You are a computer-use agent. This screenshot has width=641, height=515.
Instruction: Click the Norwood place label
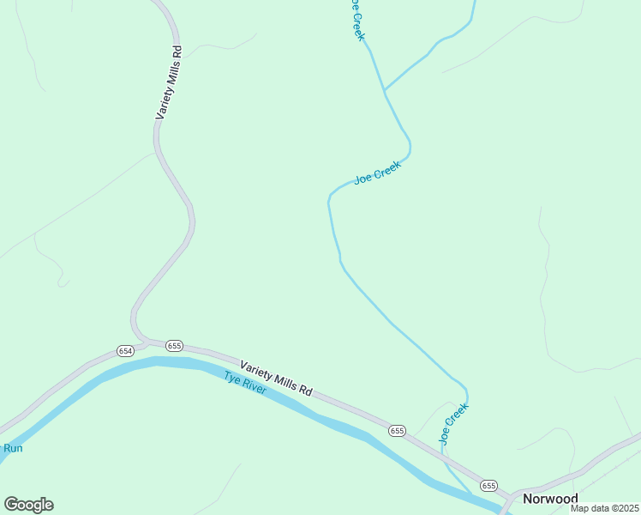pos(550,499)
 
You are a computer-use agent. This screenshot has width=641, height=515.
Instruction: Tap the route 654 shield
pos(125,351)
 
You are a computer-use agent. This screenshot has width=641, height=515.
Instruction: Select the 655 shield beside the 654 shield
pos(174,346)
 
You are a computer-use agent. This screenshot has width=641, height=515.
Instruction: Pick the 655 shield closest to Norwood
pos(488,486)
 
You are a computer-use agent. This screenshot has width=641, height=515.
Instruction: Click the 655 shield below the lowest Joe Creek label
pos(396,430)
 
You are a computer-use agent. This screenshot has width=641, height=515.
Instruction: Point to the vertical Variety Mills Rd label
pos(169,82)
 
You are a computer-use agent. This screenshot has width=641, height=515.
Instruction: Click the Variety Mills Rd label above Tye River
pos(276,378)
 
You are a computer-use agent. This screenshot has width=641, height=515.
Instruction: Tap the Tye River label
pos(245,383)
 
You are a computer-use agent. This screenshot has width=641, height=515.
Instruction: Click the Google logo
pos(28,505)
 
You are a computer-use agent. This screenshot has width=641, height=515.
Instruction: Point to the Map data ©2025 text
pos(605,508)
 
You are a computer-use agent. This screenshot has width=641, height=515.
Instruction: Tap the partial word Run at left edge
pos(11,448)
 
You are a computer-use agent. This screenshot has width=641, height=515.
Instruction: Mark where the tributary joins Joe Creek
pos(384,89)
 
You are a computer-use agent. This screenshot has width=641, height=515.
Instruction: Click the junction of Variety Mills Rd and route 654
pos(141,340)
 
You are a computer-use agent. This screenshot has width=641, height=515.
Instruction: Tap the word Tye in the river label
pos(231,377)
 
